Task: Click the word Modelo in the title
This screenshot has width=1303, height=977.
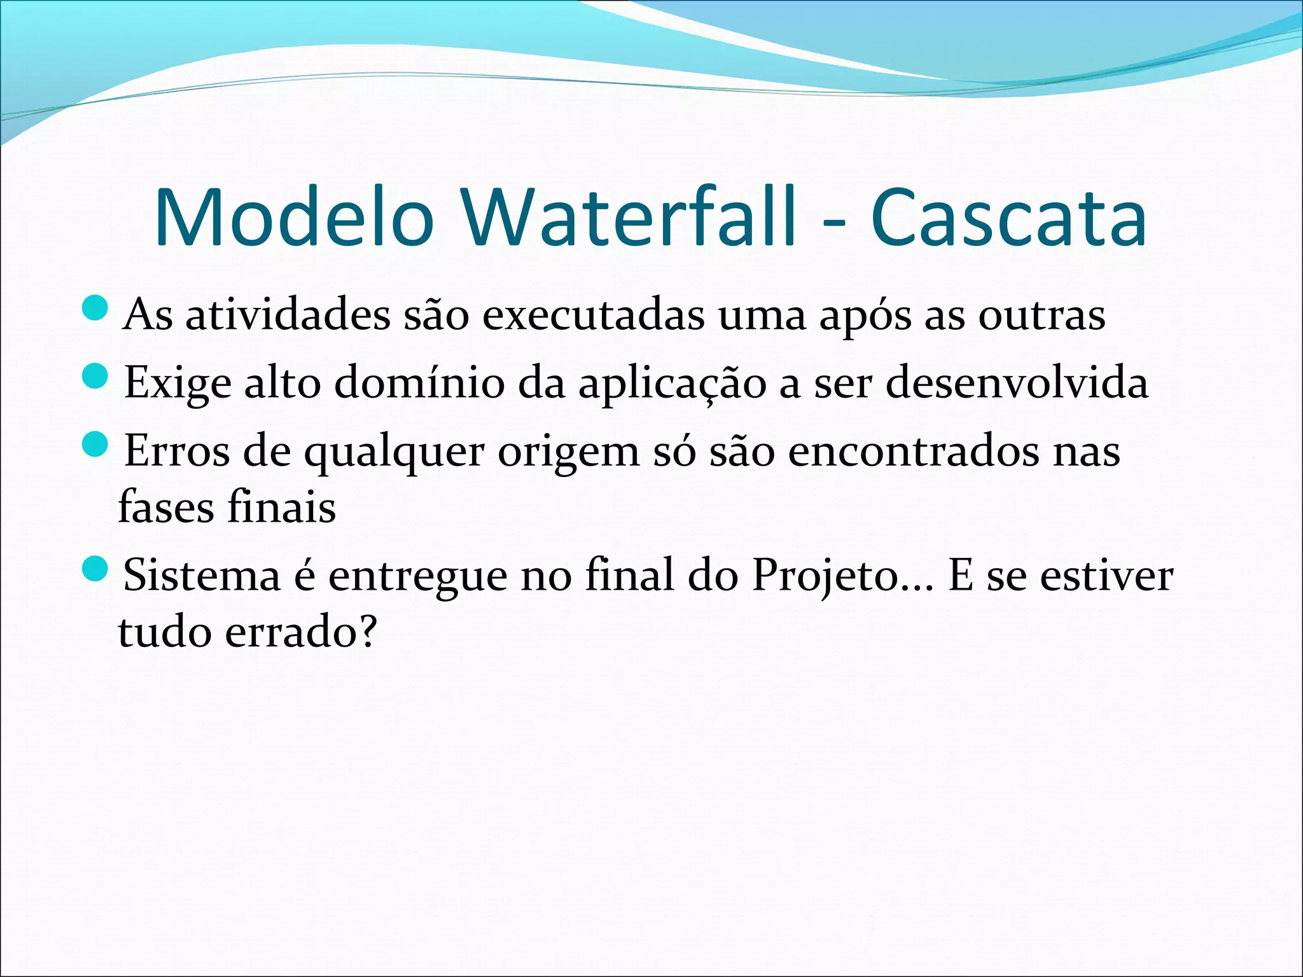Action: click(x=294, y=218)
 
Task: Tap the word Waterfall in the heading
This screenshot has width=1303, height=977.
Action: click(x=628, y=218)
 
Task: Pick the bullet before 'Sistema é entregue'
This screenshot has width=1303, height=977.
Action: click(x=96, y=569)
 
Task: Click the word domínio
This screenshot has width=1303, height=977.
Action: click(x=419, y=383)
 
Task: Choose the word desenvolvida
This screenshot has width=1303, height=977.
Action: click(x=1017, y=383)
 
